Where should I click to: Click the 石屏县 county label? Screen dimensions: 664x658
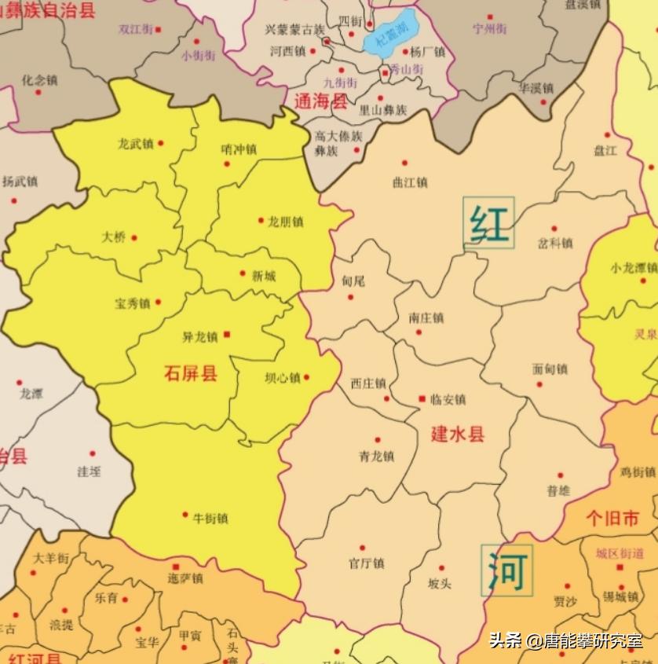pos(190,373)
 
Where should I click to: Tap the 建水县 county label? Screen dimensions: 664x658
pos(458,435)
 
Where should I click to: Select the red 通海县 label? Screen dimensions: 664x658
pos(320,101)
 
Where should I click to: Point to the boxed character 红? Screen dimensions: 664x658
pos(489,222)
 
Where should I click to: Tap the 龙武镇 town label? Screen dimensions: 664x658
pos(135,144)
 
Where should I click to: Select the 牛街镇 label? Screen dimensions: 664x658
pos(210,518)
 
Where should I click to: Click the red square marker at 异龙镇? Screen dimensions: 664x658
pos(228,335)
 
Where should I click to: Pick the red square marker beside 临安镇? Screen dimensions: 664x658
pos(422,399)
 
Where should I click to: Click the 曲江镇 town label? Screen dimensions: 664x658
pos(409,182)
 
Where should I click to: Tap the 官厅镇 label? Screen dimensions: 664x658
pos(366,563)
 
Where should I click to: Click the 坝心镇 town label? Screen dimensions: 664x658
pos(283,378)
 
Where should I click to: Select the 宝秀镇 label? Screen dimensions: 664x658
pos(133,303)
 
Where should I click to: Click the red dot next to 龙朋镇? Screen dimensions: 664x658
pos(261,221)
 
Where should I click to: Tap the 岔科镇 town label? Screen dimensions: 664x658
pos(555,243)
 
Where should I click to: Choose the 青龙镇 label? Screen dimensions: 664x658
pos(376,457)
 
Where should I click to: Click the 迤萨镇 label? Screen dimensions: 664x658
pos(185,578)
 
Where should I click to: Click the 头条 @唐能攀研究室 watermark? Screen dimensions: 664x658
pos(565,641)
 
